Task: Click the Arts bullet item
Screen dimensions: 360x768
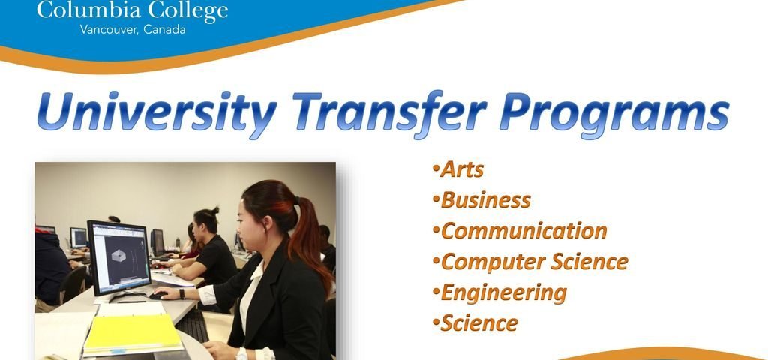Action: point(461,169)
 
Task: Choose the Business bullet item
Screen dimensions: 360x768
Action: point(485,200)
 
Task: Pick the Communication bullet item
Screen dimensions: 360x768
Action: point(523,231)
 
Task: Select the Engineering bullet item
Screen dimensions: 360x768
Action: point(502,292)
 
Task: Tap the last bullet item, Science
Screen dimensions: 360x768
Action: point(478,323)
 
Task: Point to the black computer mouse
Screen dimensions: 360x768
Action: point(157,295)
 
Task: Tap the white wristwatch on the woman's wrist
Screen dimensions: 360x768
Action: point(241,352)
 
